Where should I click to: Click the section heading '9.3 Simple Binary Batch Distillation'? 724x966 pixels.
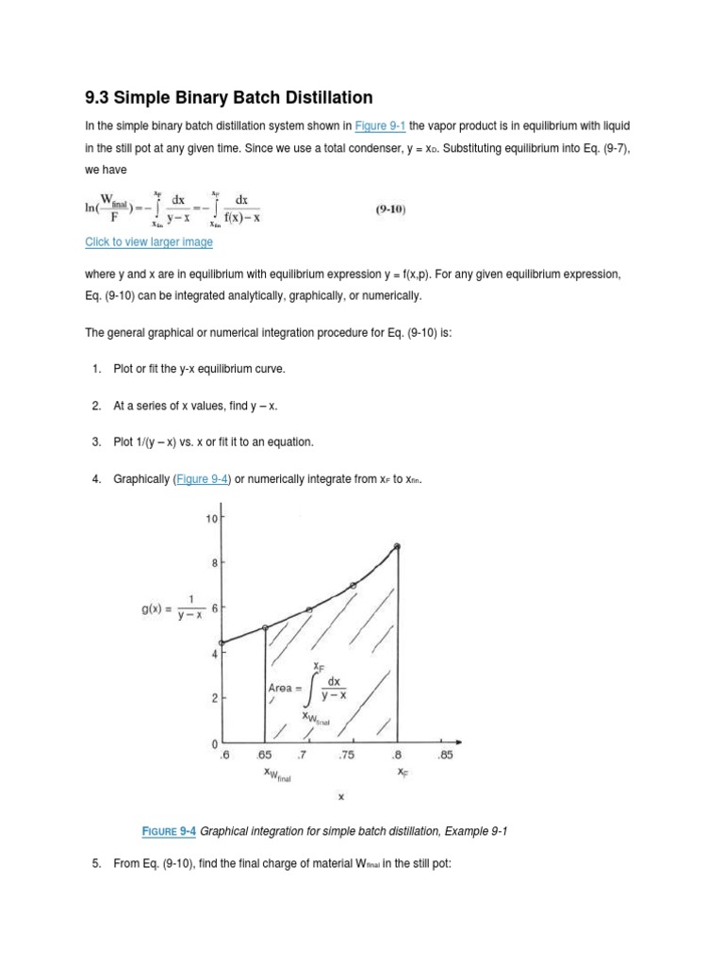[229, 97]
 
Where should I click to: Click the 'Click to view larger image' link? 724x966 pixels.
[149, 242]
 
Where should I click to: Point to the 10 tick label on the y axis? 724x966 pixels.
[212, 519]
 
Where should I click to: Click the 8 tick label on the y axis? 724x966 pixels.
[215, 563]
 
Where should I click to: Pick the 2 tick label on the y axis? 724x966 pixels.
[215, 698]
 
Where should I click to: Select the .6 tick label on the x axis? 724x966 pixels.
[222, 755]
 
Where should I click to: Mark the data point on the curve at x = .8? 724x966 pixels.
[397, 546]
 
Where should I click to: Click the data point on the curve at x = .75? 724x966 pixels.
[354, 586]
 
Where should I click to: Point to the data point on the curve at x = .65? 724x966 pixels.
[265, 627]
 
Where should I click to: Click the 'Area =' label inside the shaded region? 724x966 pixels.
[286, 688]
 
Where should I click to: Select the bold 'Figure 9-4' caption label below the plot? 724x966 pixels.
[169, 830]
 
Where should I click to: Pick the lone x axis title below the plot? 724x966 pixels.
[341, 796]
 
